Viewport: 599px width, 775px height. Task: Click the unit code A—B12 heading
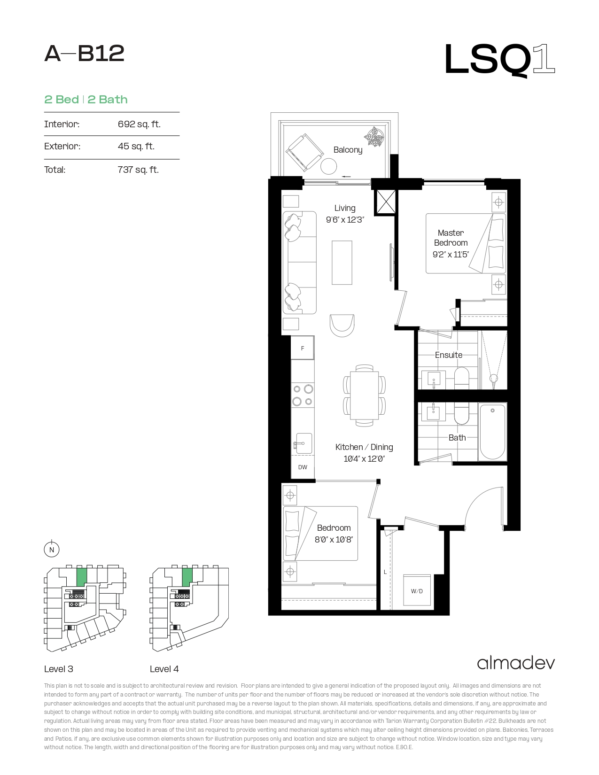pos(84,54)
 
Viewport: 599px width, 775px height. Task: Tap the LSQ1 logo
pos(499,60)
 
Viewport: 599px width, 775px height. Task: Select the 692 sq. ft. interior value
pos(139,124)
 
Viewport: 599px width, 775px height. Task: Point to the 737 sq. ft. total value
pos(138,170)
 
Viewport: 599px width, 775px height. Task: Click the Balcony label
pos(348,150)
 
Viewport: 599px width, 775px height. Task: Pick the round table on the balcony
pos(328,166)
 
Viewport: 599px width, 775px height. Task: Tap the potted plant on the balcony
pos(374,137)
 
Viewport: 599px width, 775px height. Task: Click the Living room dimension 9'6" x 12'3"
pos(345,220)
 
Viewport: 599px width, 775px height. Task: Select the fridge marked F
pos(303,348)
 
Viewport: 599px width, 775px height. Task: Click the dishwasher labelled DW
pos(303,467)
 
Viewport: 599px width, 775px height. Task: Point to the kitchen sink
pos(303,443)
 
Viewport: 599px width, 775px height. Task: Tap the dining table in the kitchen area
pos(364,395)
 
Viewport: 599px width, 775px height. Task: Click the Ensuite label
pos(449,355)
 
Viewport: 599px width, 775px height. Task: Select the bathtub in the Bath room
pos(492,432)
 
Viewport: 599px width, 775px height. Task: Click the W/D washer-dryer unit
pos(417,590)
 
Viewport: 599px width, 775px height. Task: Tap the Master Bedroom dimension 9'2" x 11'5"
pos(451,254)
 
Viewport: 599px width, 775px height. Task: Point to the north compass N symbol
pos(52,550)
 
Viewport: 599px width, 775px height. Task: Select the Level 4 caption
pos(164,669)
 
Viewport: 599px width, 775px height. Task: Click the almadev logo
pos(516,663)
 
